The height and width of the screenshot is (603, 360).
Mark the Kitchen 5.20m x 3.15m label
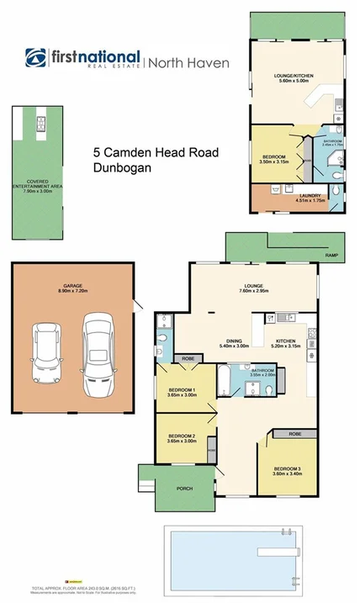point(288,343)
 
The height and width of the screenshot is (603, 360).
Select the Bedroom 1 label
point(182,392)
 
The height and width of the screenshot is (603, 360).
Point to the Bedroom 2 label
point(182,438)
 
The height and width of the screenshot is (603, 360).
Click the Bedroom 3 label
point(288,471)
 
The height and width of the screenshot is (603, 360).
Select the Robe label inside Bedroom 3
point(294,435)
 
